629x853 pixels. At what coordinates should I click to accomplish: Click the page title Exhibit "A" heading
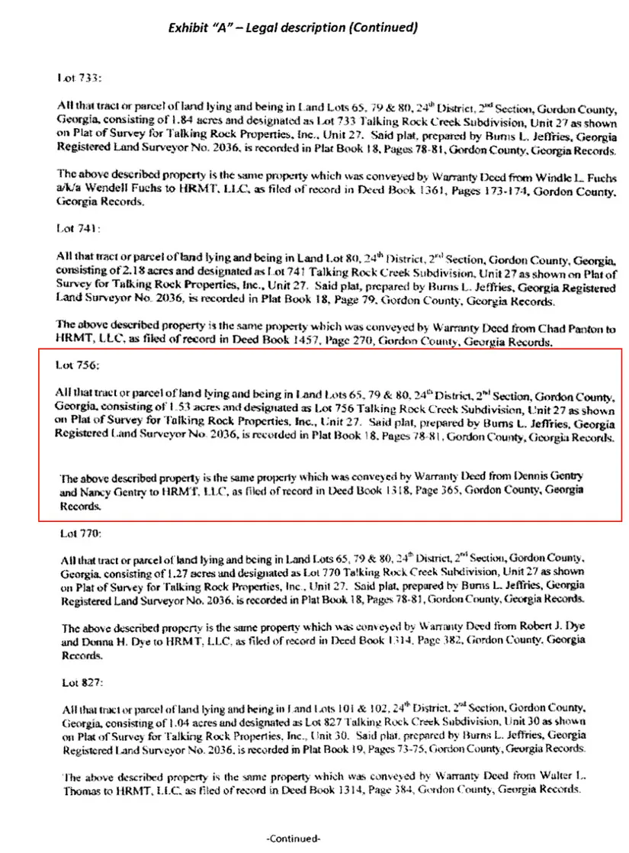293,28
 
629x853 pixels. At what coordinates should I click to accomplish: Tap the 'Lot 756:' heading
75,365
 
